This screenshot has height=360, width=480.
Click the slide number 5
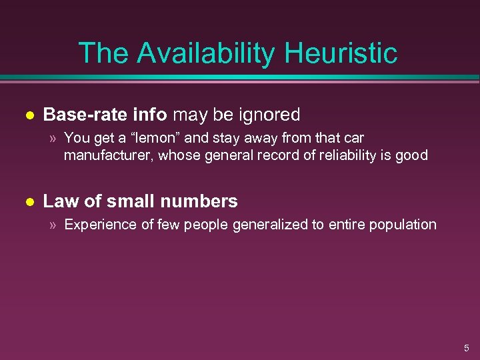click(x=467, y=348)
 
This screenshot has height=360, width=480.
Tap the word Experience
click(x=99, y=225)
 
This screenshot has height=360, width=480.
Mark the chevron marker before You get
click(x=53, y=139)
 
